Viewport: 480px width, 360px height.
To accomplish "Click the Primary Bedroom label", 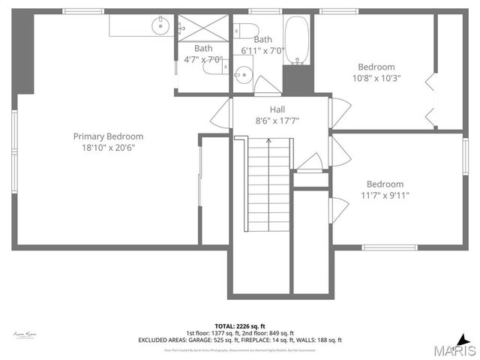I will coord(108,136).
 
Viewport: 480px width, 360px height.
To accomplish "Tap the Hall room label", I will coord(256,109).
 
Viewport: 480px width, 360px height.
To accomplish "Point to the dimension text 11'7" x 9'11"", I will coord(385,196).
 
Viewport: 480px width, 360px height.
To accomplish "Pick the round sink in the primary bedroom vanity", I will coord(160,26).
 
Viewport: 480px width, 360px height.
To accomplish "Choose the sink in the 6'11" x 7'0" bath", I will coord(242,74).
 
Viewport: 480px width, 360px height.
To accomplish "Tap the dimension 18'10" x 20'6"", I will coord(109,148).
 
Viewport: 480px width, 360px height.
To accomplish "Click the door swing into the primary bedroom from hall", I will coord(220,114).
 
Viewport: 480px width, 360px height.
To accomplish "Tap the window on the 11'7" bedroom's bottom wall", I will coord(389,247).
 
